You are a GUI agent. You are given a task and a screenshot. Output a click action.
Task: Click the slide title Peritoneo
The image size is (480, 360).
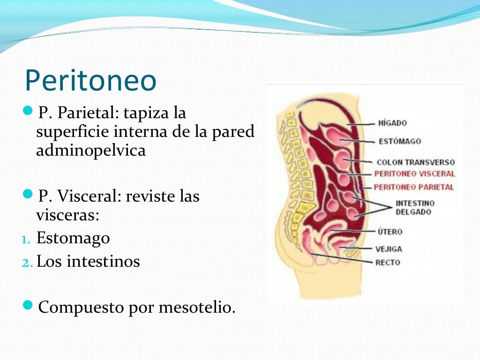click(90, 81)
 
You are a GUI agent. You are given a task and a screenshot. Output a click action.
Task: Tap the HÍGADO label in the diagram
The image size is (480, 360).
click(392, 123)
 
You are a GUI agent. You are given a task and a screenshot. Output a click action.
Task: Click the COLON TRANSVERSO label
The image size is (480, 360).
click(415, 163)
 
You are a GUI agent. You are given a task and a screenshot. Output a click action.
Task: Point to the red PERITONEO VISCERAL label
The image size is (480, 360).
click(414, 174)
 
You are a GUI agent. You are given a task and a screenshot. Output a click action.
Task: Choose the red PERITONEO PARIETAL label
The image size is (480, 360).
click(414, 187)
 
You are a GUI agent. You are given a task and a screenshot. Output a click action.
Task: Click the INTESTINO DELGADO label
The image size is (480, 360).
click(415, 208)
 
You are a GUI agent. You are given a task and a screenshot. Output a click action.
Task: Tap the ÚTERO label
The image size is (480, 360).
click(390, 232)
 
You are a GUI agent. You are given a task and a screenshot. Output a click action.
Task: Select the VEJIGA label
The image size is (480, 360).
click(389, 249)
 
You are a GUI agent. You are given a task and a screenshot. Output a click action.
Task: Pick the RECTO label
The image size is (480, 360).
click(388, 262)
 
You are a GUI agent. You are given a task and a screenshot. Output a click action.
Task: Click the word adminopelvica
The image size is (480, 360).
click(91, 151)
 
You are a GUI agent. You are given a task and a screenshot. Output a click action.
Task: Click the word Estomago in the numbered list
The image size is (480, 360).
click(73, 238)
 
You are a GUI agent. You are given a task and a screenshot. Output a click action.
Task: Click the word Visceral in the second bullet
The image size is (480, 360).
click(89, 196)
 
